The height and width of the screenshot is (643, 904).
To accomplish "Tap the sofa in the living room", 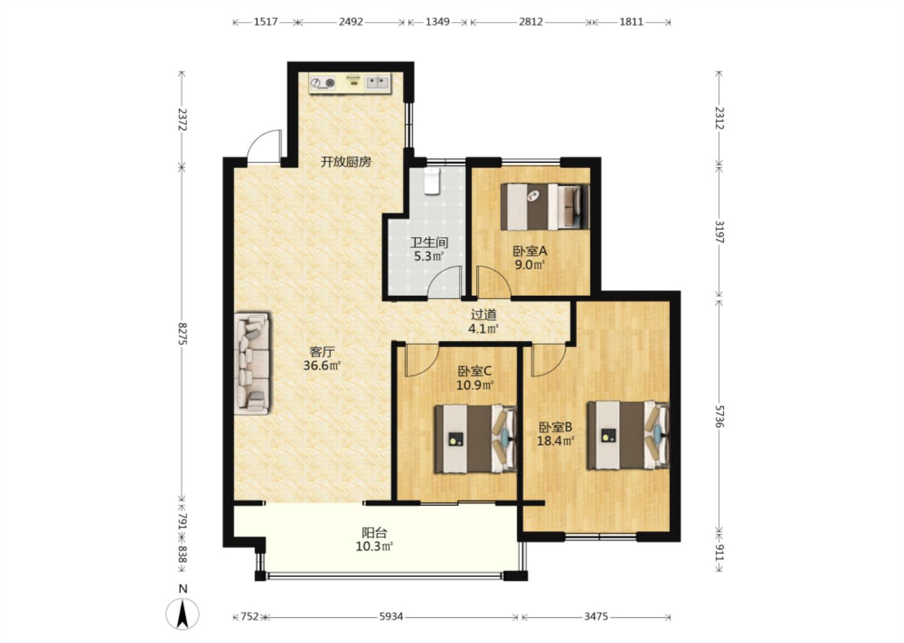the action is point(251,363).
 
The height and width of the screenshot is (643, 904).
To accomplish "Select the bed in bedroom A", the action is point(545,207).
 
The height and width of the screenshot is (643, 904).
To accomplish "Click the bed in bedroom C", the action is point(475,438).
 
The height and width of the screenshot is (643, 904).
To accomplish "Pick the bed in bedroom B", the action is point(628,435).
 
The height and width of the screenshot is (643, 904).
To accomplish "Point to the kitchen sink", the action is point(377,83).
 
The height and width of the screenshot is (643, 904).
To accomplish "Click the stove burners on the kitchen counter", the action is point(323,83).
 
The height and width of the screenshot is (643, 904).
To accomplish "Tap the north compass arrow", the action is point(183,613).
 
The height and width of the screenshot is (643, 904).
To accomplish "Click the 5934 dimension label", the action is point(391,617).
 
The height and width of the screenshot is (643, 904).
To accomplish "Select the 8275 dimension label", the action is point(183,333).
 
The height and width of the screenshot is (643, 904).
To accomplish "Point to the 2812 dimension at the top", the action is point(530,22).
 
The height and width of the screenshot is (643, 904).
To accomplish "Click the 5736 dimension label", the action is point(719,417).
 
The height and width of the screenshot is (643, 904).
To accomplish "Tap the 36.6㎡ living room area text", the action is point(322,365).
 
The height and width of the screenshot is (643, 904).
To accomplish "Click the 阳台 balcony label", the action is point(374,533).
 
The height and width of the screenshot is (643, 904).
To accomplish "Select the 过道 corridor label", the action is point(483,315).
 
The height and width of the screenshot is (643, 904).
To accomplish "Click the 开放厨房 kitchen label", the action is point(346,162).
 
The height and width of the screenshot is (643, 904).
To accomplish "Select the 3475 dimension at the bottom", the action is point(596,617).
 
